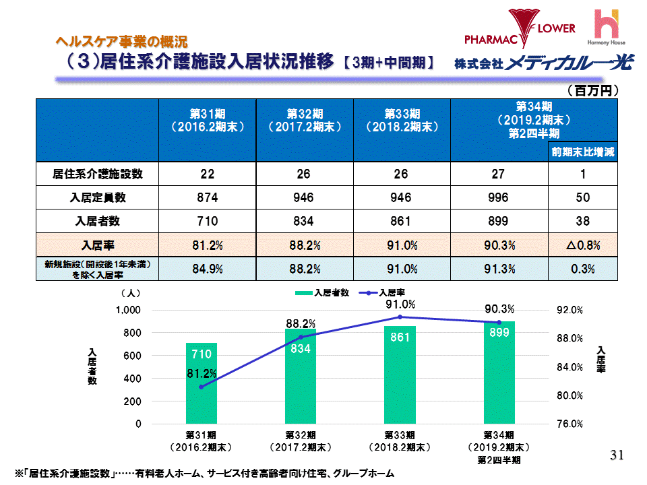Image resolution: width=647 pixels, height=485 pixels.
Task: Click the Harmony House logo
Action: (x=613, y=27)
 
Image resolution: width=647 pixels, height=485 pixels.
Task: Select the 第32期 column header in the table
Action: (x=304, y=120)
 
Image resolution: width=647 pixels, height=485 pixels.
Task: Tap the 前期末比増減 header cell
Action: (x=583, y=152)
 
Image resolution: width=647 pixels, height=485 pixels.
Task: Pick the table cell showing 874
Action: (x=207, y=197)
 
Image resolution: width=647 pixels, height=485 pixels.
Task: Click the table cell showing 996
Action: (x=499, y=197)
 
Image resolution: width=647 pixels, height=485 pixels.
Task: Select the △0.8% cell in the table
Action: (x=583, y=245)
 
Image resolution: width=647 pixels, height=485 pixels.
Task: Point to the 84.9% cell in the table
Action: (x=207, y=269)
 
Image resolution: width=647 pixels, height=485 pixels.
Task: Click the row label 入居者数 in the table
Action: (x=98, y=221)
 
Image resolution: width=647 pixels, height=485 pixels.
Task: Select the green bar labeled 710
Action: (x=202, y=384)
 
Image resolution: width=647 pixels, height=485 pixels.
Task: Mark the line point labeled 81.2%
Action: (x=202, y=386)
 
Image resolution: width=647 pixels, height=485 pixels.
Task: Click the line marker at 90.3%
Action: (x=499, y=322)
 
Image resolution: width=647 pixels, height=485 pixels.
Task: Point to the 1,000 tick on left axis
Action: (x=128, y=310)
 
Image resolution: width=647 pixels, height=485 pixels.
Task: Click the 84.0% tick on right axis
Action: (x=571, y=367)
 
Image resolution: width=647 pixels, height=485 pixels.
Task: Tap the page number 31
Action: (x=616, y=456)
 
